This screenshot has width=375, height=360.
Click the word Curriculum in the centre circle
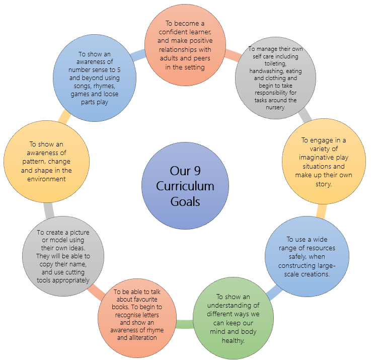tap(185, 186)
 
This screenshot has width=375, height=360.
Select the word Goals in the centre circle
tap(185, 201)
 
